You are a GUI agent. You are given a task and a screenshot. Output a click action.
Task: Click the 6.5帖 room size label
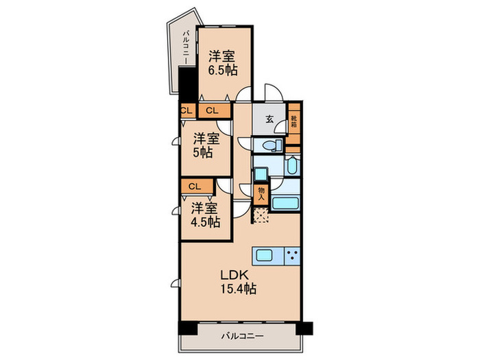[x=223, y=71]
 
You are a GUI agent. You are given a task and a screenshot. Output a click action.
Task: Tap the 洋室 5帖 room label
[x=206, y=145]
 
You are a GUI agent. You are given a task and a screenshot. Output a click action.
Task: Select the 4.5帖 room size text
[x=206, y=222]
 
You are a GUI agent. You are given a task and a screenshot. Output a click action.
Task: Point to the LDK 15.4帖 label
[x=239, y=282]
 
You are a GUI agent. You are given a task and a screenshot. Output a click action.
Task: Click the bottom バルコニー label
[x=242, y=336]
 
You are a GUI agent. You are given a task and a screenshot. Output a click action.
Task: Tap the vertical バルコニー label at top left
[x=186, y=47]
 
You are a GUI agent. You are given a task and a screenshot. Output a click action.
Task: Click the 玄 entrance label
[x=269, y=119]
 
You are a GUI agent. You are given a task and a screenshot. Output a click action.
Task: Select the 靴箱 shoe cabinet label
[x=294, y=121]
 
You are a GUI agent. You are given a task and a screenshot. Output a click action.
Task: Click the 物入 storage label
[x=261, y=194]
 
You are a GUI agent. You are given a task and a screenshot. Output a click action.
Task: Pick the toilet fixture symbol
[x=272, y=145]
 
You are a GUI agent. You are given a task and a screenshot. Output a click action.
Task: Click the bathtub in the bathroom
[x=285, y=203]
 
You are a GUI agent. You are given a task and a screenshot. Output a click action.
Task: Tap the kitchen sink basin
[x=265, y=255]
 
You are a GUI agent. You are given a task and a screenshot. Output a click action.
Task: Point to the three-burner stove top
[x=292, y=255]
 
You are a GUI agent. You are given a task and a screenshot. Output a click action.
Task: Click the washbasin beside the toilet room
[x=292, y=166]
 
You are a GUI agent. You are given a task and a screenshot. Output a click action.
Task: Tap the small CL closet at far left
[x=187, y=110]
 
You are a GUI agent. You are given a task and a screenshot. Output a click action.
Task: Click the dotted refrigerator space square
[x=261, y=215]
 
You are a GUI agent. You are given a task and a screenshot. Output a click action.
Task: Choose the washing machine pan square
[x=261, y=174]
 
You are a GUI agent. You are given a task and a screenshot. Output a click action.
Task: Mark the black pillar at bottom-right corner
[x=304, y=328]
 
